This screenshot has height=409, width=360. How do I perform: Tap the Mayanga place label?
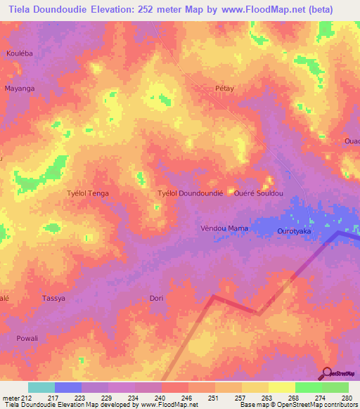20,89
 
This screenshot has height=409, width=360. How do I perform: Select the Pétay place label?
224,89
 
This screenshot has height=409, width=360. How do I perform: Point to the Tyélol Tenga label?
87,193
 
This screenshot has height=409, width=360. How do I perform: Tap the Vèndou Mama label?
224,228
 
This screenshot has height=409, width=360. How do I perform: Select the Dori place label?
156,298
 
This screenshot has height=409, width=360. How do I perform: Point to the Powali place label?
27,338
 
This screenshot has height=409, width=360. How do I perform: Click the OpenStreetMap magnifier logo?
327,372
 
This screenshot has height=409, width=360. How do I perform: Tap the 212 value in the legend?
27,397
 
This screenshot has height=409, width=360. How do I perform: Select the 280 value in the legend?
346,397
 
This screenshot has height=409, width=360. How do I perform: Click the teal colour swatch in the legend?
41,387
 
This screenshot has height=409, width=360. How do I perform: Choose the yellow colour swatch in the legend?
281,387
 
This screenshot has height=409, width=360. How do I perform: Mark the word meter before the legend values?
10,397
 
